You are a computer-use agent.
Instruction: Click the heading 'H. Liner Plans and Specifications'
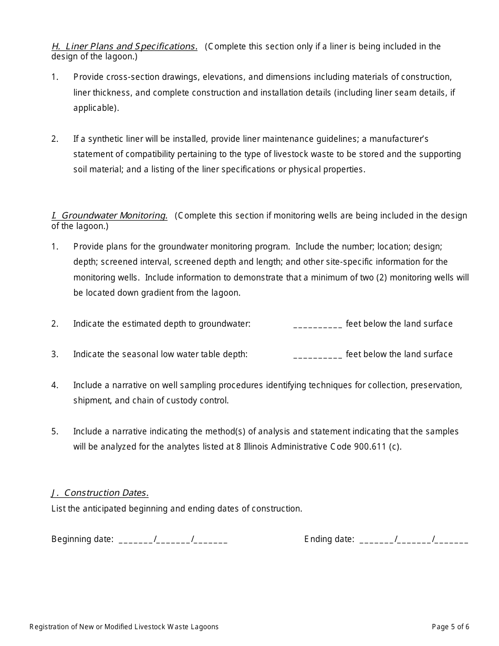click(124, 46)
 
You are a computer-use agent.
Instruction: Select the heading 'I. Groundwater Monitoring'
click(109, 215)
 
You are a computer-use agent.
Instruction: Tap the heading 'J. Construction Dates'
click(100, 493)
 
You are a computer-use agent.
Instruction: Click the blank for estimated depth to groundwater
click(317, 325)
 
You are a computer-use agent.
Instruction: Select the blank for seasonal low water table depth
click(317, 355)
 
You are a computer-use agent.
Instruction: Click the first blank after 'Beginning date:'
click(136, 540)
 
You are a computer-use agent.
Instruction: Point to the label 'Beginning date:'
click(82, 539)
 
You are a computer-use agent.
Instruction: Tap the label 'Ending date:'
click(329, 539)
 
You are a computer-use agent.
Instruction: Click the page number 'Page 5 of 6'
click(450, 627)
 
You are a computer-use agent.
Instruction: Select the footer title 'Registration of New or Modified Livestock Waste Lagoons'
click(124, 627)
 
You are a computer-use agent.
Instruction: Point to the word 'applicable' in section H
click(95, 108)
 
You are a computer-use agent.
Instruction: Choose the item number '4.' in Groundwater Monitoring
click(55, 385)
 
